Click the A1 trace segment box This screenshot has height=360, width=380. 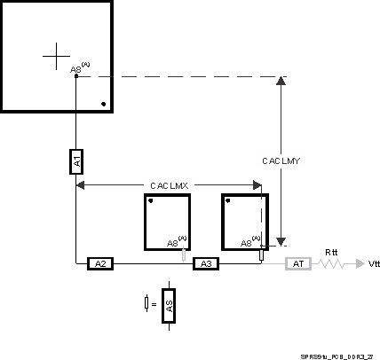point(76,161)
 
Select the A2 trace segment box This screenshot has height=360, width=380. point(100,263)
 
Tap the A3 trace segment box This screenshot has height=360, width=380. point(205,263)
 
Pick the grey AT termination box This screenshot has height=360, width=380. point(297,263)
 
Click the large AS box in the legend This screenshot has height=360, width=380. point(170,306)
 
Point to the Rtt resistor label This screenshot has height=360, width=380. point(331,250)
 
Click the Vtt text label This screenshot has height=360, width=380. point(373,264)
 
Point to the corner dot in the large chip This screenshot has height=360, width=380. point(104,105)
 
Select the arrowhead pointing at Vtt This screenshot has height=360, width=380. point(357,264)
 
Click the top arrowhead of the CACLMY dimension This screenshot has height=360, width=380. point(281,82)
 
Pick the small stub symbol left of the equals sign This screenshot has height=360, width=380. point(146,304)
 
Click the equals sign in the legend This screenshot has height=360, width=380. point(154,305)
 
